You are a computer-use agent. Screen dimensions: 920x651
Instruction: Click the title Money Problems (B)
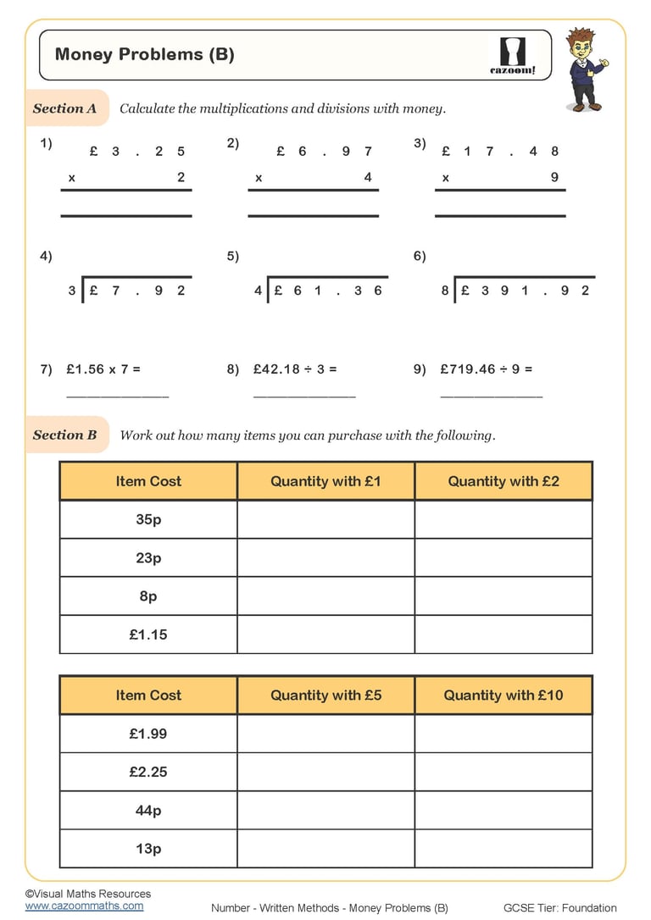click(144, 55)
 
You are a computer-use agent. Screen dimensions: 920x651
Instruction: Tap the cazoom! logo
click(513, 56)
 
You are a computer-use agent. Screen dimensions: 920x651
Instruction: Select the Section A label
click(65, 108)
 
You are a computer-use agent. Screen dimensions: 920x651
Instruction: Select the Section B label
click(65, 435)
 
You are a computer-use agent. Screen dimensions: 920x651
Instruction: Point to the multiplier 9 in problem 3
click(554, 178)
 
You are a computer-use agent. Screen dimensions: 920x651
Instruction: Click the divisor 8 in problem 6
click(445, 291)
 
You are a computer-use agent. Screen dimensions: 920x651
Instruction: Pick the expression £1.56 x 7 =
click(103, 369)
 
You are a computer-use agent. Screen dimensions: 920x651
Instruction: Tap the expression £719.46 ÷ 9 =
click(487, 369)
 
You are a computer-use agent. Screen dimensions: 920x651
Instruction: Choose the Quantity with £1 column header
click(325, 481)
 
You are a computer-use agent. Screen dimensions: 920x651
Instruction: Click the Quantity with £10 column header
click(503, 696)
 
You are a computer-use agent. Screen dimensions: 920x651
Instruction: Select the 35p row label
click(148, 519)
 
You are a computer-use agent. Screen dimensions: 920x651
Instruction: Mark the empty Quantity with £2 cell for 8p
click(503, 596)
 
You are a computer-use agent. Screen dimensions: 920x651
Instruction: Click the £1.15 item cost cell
click(148, 635)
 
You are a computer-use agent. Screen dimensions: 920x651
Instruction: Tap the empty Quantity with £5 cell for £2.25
click(325, 772)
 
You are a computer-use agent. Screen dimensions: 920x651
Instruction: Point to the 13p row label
click(148, 849)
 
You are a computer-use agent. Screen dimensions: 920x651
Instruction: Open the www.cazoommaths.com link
click(84, 906)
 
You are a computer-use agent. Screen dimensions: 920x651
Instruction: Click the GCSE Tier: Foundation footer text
click(559, 908)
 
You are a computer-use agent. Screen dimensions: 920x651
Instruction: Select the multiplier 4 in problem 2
click(368, 178)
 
